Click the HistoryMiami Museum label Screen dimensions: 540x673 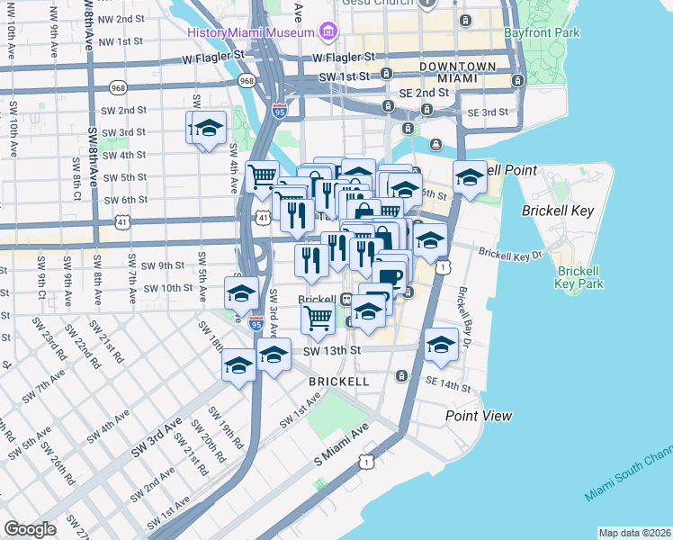[251, 33]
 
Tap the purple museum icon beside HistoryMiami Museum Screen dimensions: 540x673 [327, 33]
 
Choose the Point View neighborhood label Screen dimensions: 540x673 [479, 415]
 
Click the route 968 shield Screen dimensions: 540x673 [247, 81]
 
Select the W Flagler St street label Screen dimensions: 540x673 [213, 57]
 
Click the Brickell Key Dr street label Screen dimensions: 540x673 [510, 255]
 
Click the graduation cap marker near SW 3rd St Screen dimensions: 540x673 [207, 129]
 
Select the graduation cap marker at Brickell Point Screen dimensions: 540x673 [470, 178]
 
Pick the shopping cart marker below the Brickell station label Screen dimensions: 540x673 [318, 316]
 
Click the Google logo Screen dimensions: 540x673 [30, 528]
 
